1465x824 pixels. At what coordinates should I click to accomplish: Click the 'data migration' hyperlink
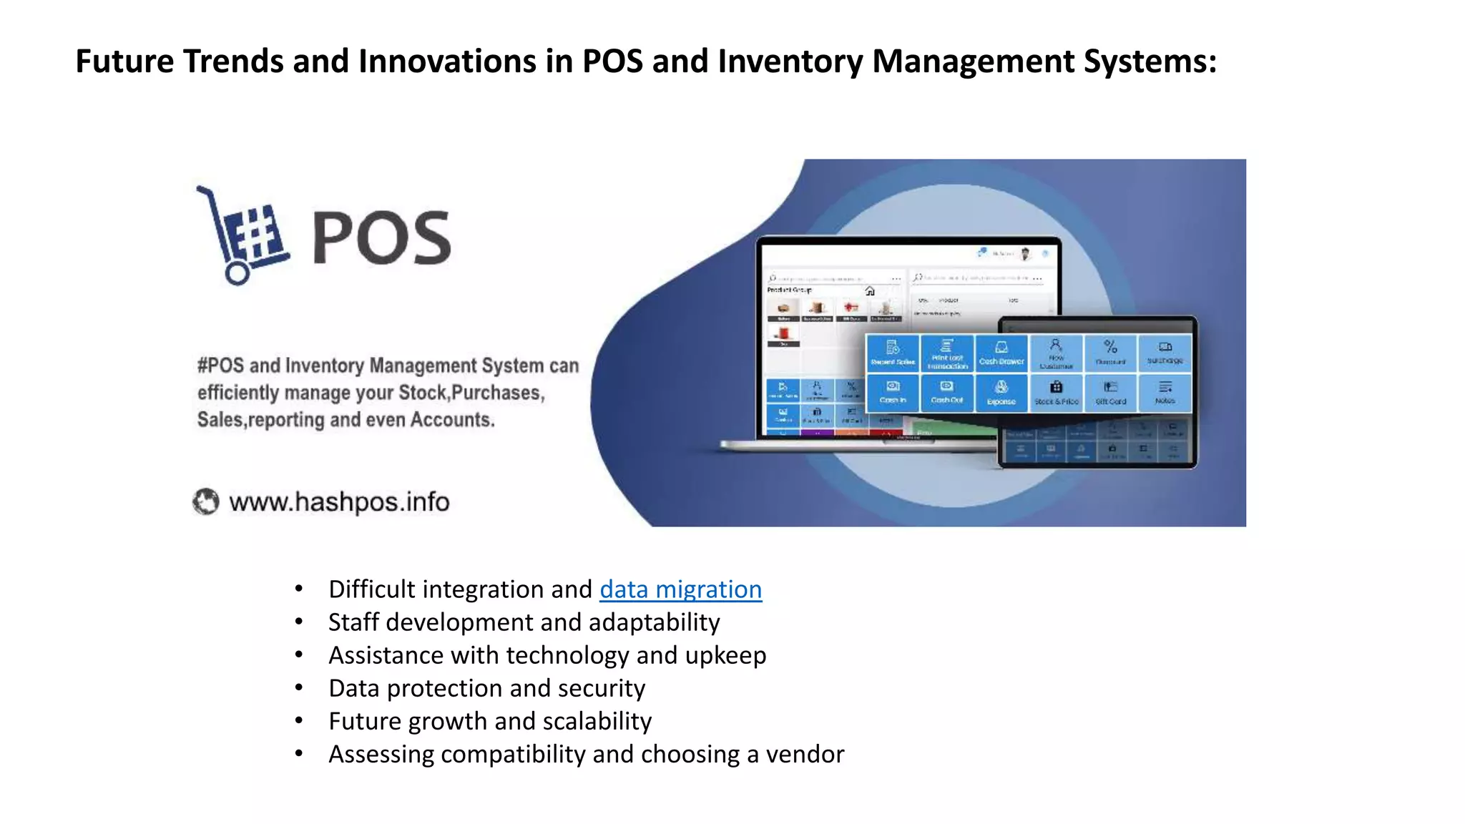pos(680,589)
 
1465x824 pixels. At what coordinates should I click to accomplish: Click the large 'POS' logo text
pos(381,238)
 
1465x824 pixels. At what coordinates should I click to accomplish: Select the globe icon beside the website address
pos(206,501)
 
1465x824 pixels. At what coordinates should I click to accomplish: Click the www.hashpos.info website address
pos(339,502)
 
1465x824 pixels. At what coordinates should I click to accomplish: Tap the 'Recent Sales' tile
pos(893,353)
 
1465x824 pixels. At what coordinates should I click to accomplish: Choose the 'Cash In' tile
pos(893,392)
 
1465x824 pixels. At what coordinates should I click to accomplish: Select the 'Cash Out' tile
pos(947,392)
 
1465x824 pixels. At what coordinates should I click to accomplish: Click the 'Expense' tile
pos(1001,393)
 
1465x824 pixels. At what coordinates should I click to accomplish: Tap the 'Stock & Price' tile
pos(1057,393)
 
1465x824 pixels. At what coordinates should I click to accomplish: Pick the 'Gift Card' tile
pos(1111,393)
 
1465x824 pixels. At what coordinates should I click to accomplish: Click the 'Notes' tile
pos(1165,392)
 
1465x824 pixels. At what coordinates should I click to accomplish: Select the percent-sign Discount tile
pos(1111,353)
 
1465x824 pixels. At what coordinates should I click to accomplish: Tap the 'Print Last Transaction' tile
pos(947,353)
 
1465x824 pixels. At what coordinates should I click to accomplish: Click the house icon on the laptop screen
pos(870,291)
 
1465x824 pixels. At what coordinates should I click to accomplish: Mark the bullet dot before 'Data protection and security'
pos(299,688)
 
